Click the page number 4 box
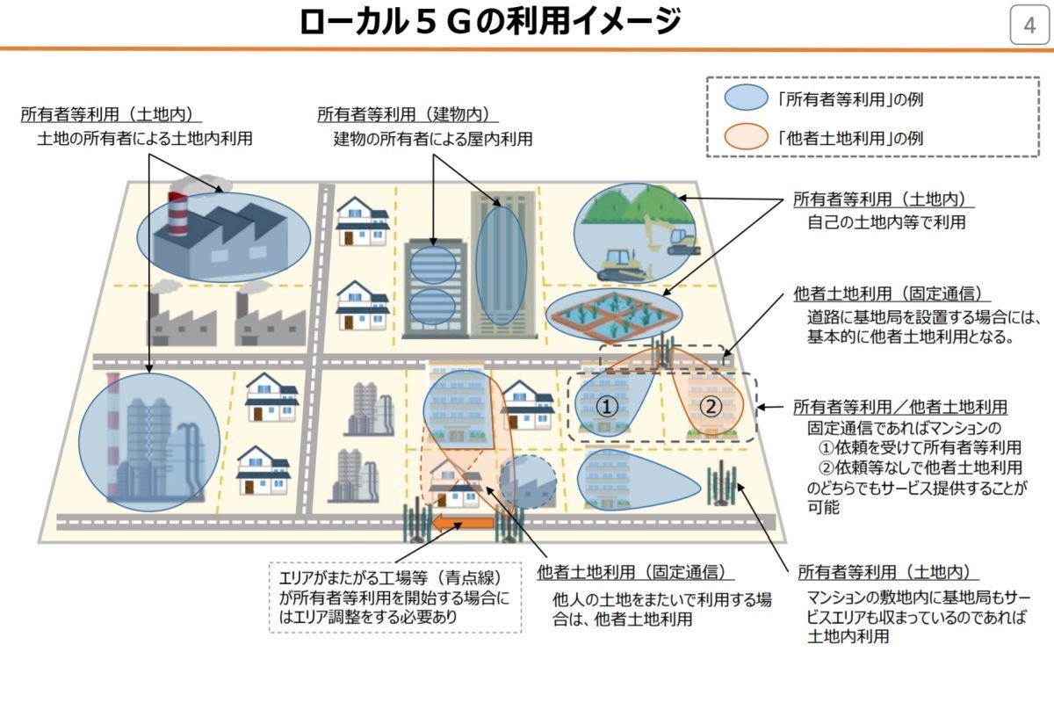point(1029,25)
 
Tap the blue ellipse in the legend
point(746,98)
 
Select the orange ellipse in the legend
point(746,136)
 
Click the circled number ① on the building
point(607,406)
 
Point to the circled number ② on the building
point(710,406)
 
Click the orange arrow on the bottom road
point(464,523)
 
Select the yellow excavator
point(672,235)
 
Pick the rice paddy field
point(614,315)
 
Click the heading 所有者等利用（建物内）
point(408,114)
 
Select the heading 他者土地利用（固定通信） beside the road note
point(892,293)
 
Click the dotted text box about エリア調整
point(395,597)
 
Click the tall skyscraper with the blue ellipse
point(503,264)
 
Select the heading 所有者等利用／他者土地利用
point(900,407)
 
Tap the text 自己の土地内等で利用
point(886,221)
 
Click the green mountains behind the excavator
point(635,204)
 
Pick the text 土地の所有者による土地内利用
point(145,139)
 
